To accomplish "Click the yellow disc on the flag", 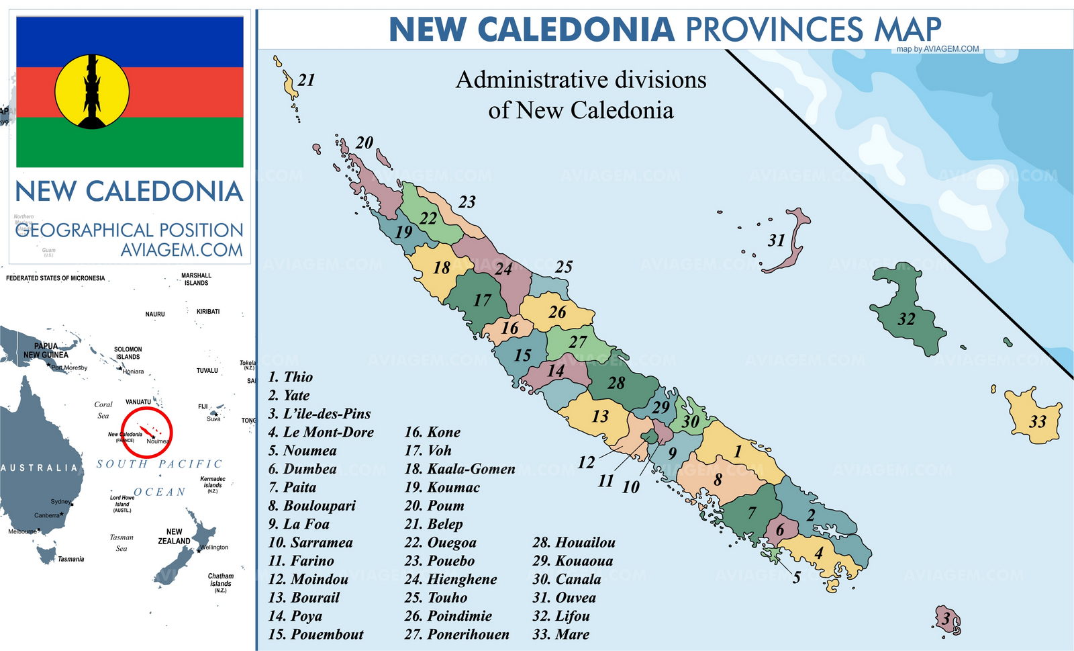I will [92, 91].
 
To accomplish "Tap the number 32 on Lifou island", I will [906, 318].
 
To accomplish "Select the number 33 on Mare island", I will [1037, 421].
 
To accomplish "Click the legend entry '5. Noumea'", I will [302, 451].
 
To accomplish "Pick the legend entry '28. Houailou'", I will [573, 542].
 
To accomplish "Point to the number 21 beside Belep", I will [306, 80].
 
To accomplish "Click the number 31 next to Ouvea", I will [776, 240].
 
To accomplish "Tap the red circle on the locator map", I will [146, 433].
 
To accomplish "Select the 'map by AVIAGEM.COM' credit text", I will [937, 49].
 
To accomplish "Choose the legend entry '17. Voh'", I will [428, 451].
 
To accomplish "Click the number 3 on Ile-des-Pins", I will [946, 618].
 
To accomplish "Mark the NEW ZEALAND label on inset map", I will [174, 536].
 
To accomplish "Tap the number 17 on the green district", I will [482, 300].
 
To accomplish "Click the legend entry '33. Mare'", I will [560, 634].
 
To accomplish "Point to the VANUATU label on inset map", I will [138, 402].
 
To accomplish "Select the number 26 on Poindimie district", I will [557, 312].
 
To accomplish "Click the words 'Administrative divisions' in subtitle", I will [581, 80].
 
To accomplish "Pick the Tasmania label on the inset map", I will [70, 559].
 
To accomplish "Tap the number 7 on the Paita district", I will [752, 513].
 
